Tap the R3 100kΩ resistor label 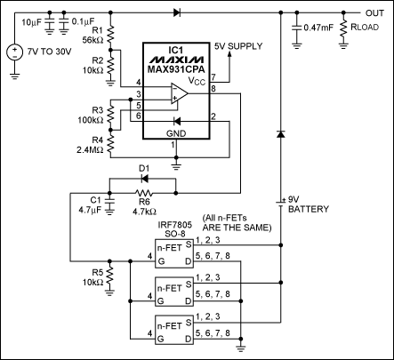89,114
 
